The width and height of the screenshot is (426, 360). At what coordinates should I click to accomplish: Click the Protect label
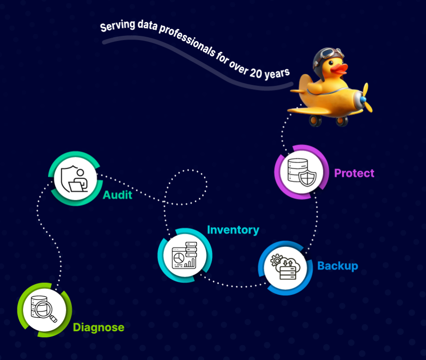[x=354, y=173]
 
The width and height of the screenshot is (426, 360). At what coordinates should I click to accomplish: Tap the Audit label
[x=117, y=195]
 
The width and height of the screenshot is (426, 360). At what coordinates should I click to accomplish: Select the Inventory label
[x=233, y=230]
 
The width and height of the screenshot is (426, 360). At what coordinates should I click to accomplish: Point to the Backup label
[x=338, y=266]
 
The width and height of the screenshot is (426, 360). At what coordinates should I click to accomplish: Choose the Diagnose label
[x=98, y=327]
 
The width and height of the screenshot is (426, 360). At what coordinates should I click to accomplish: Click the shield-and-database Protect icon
[x=302, y=172]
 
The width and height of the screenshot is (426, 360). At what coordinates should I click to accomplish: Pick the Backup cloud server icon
[x=285, y=267]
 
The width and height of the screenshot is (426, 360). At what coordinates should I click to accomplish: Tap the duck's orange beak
[x=339, y=69]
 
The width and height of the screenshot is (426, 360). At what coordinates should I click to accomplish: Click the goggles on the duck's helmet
[x=329, y=53]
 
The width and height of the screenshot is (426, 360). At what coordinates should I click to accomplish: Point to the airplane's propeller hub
[x=363, y=99]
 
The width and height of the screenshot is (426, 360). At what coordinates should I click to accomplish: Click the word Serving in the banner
[x=118, y=26]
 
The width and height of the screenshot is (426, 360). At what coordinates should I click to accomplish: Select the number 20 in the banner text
[x=256, y=73]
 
